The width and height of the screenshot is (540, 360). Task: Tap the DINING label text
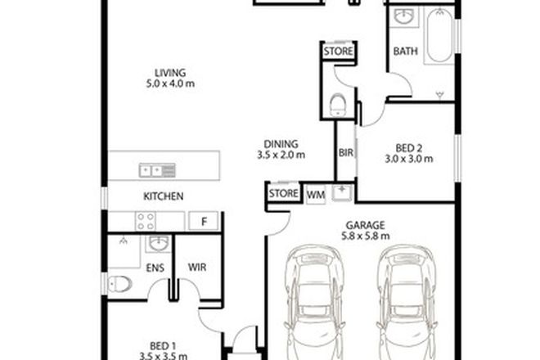coord(280,142)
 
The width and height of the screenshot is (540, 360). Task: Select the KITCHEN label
coord(163,196)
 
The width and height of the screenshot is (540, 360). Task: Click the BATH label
coord(406,51)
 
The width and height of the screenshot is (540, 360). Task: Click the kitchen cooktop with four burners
coord(146,220)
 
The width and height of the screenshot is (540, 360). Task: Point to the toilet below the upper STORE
coord(336,103)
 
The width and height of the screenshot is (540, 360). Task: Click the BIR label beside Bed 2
coord(345,151)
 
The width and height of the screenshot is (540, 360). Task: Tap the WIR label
coord(197,267)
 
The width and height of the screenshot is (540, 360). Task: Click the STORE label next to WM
coord(283,195)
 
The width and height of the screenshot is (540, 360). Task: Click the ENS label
coord(153,267)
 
